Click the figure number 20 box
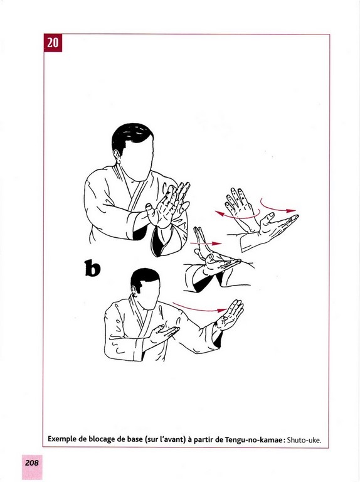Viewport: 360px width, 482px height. click(53, 43)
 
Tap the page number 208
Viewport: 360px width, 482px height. click(32, 463)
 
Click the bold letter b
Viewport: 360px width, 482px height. click(92, 268)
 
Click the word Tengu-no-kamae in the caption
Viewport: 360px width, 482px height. click(253, 439)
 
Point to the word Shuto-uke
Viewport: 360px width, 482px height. click(304, 440)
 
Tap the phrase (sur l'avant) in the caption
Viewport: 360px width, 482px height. click(165, 439)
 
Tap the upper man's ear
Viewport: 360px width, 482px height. click(117, 156)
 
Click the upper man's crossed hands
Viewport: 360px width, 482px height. click(167, 205)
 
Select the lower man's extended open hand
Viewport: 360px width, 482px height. click(230, 314)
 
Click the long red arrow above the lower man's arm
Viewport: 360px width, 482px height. click(200, 308)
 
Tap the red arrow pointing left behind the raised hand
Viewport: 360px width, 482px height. click(237, 215)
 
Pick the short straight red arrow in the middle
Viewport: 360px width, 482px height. click(206, 244)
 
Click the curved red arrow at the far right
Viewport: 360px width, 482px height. click(278, 206)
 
